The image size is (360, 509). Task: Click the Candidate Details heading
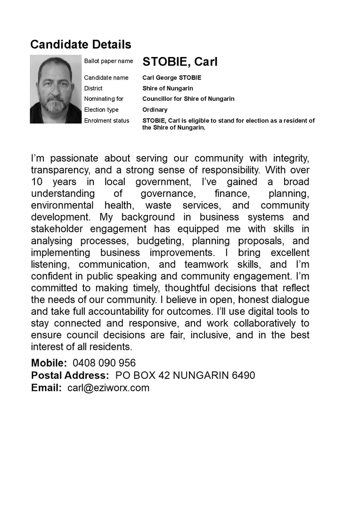pos(81,45)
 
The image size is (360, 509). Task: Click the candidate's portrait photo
pos(56,89)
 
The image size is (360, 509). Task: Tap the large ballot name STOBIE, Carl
pos(180,62)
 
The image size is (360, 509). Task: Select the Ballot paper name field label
pos(108,61)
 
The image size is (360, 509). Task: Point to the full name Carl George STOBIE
pos(172,78)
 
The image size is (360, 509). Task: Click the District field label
pos(93,88)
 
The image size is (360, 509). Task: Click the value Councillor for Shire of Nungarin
pos(188,99)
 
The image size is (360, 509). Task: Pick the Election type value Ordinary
pos(155,110)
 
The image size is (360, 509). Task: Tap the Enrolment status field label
pos(106,121)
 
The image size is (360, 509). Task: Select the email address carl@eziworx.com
pos(108,388)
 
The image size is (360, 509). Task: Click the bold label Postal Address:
pos(70,376)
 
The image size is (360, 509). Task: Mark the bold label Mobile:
pos(49,363)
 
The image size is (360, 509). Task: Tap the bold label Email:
pos(46,388)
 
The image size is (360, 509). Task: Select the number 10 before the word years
pos(37,182)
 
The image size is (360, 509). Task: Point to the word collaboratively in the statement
pos(257,323)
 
